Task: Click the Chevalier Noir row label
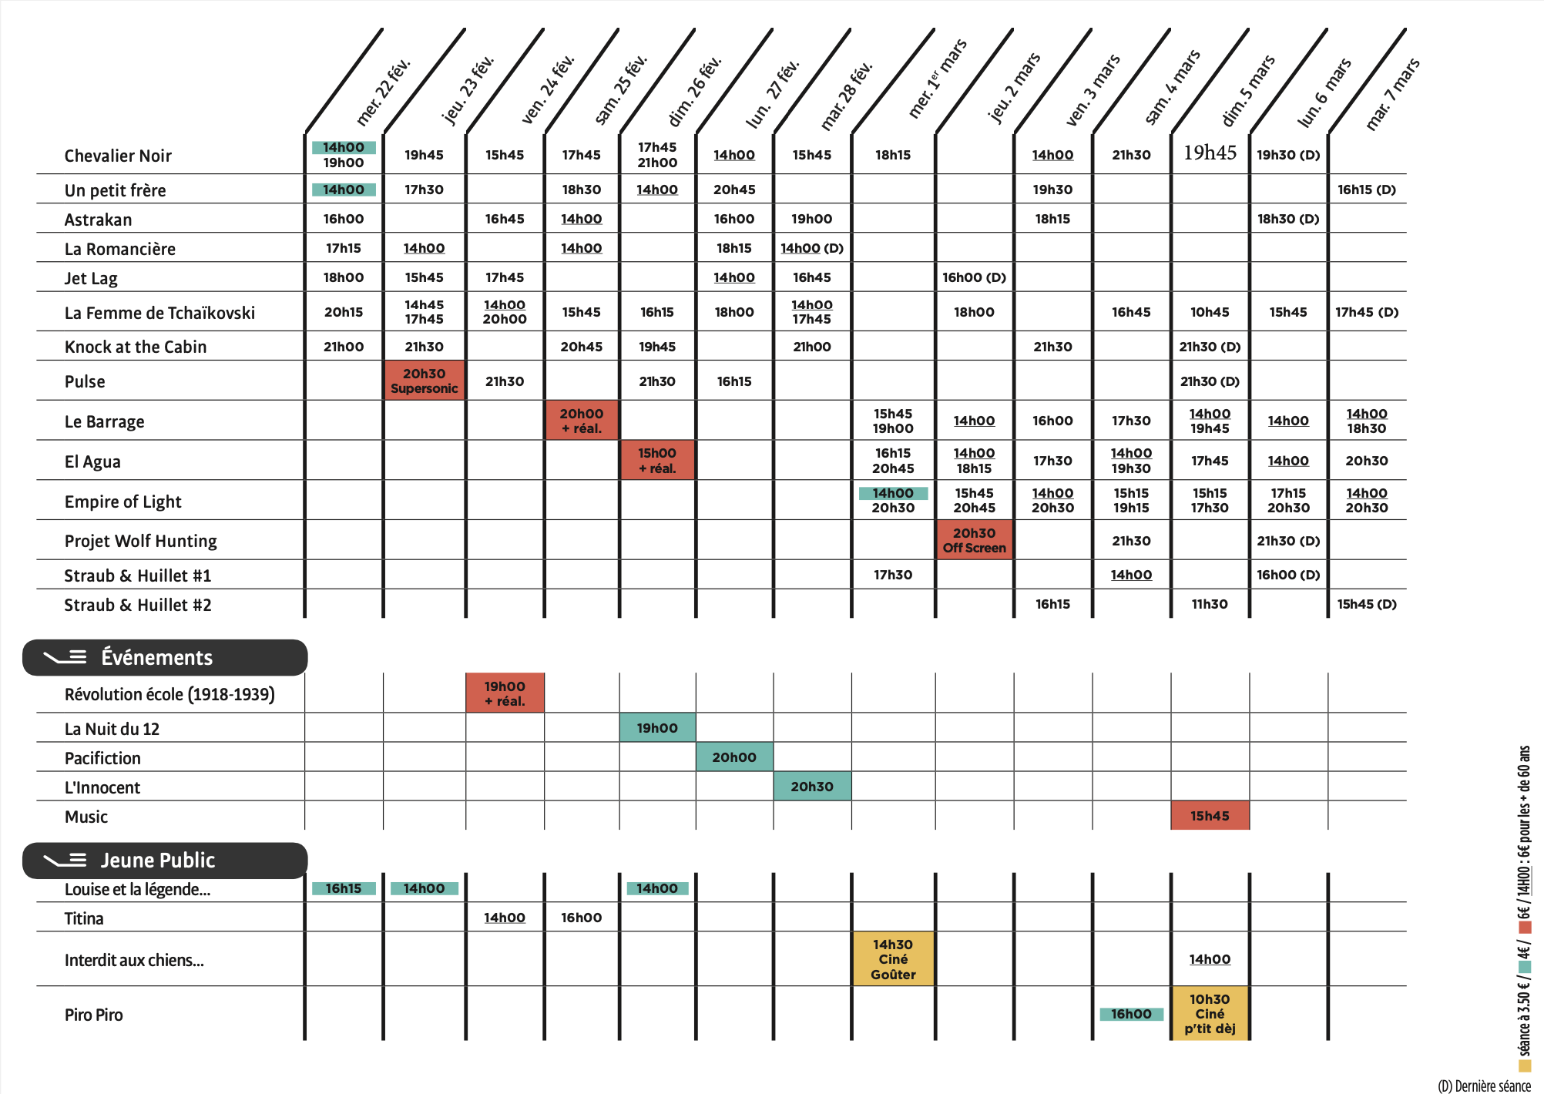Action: pyautogui.click(x=118, y=156)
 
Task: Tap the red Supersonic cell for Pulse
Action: pyautogui.click(x=424, y=381)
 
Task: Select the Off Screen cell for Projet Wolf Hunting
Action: pyautogui.click(x=974, y=540)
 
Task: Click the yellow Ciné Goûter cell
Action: pyautogui.click(x=893, y=959)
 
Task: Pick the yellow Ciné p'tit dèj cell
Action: pyautogui.click(x=1210, y=1014)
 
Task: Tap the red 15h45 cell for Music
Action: pyautogui.click(x=1210, y=816)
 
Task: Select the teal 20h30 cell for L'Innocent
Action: pyautogui.click(x=812, y=787)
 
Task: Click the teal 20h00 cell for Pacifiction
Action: pyautogui.click(x=734, y=757)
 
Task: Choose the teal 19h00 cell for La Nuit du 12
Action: pyautogui.click(x=657, y=728)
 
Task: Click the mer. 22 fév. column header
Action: pyautogui.click(x=383, y=92)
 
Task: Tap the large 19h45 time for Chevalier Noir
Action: pyautogui.click(x=1210, y=153)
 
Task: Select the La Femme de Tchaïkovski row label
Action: pyautogui.click(x=159, y=313)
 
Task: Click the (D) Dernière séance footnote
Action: pyautogui.click(x=1484, y=1086)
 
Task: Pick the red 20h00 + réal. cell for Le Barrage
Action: pyautogui.click(x=582, y=421)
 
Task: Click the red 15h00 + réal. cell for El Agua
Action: pyautogui.click(x=657, y=461)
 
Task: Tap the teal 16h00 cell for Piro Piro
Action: pyautogui.click(x=1131, y=1014)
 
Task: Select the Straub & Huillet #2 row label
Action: pyautogui.click(x=138, y=605)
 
